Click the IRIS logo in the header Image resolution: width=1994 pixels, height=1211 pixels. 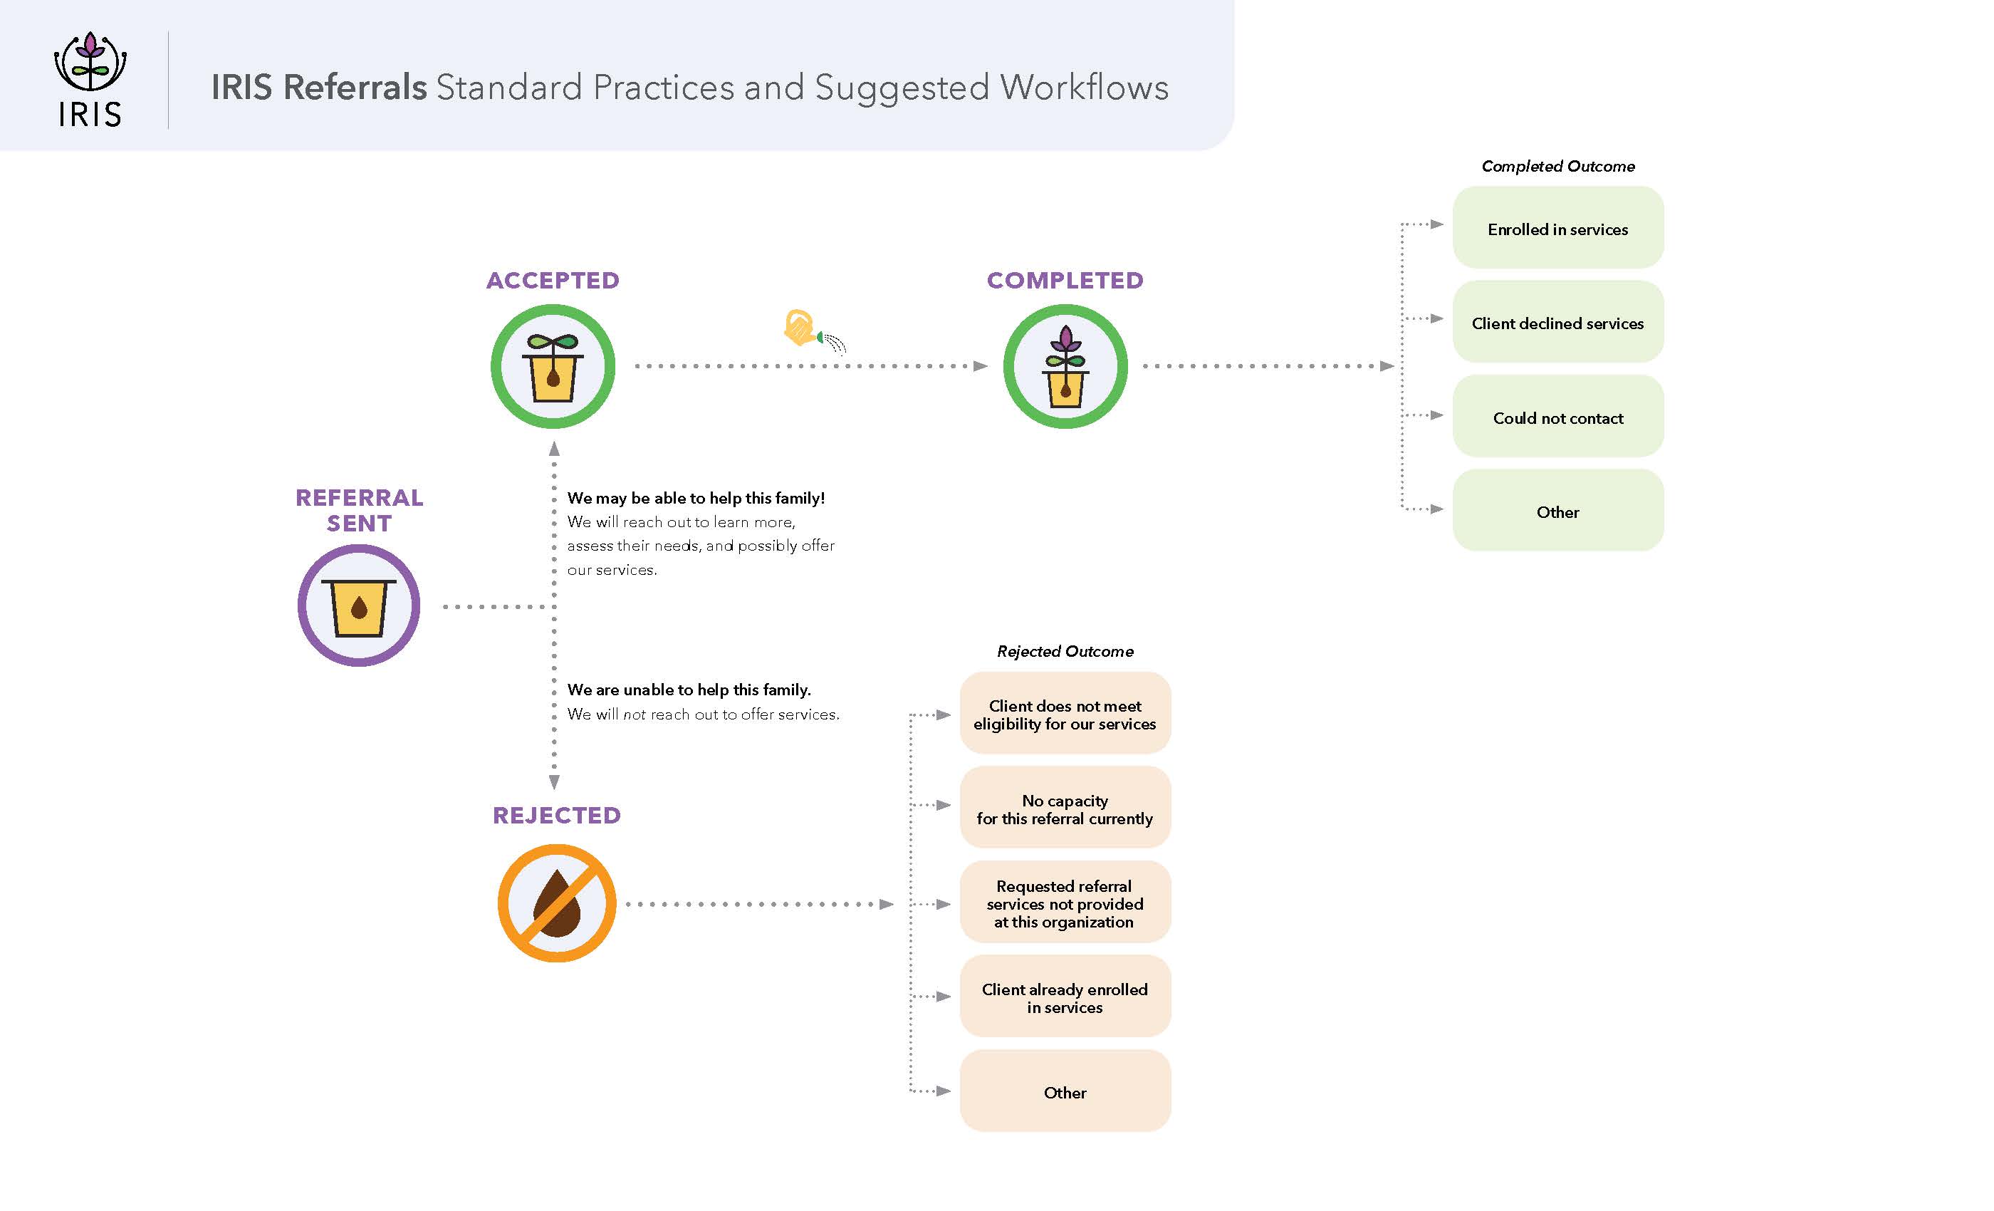[90, 79]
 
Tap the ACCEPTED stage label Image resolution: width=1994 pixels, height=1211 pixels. [553, 280]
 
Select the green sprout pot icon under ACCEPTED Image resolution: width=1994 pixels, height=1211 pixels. [553, 366]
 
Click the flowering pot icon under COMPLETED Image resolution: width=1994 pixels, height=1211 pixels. [1065, 366]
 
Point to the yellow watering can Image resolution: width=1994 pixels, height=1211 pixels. [802, 328]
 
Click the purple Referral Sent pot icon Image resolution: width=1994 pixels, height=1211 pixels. [358, 605]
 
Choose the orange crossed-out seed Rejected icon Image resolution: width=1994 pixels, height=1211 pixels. [557, 903]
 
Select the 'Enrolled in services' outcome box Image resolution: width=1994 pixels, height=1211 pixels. [1557, 228]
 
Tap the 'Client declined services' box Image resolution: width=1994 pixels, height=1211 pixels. [1557, 322]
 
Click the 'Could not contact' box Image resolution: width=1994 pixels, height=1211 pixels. [1557, 417]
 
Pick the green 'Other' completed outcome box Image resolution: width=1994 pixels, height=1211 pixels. [1557, 511]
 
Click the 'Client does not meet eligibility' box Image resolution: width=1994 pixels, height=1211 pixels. [1064, 714]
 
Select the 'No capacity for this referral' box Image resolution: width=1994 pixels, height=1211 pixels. [1064, 808]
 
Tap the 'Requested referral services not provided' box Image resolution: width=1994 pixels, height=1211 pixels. [1064, 903]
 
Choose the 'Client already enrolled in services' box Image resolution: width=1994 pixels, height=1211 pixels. [1064, 997]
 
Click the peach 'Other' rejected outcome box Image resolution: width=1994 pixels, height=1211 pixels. [1064, 1091]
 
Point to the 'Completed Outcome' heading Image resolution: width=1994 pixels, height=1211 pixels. [1557, 166]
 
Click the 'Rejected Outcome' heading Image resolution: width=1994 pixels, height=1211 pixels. [1064, 651]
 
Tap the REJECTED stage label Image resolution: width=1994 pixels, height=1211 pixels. [557, 814]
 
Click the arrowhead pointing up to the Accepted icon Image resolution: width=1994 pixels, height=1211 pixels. [554, 449]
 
